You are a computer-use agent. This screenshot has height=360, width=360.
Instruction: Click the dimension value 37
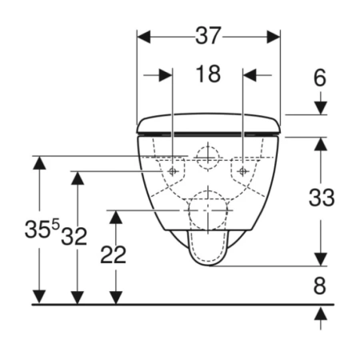click(x=208, y=35)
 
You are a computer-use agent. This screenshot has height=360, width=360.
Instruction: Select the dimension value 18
click(x=208, y=74)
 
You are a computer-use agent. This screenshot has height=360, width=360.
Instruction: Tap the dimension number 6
click(x=320, y=78)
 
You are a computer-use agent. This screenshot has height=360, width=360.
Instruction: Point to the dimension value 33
click(x=322, y=198)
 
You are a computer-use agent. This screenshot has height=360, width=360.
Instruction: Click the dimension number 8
click(x=320, y=286)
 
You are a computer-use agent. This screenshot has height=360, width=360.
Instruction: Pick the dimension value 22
click(x=113, y=255)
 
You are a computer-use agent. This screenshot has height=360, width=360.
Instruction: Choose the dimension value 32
click(x=74, y=237)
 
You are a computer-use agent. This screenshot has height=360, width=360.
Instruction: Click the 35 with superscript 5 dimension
click(x=42, y=228)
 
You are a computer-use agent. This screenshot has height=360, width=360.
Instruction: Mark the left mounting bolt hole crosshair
click(x=173, y=171)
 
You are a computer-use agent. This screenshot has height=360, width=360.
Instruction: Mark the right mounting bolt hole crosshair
click(x=242, y=171)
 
